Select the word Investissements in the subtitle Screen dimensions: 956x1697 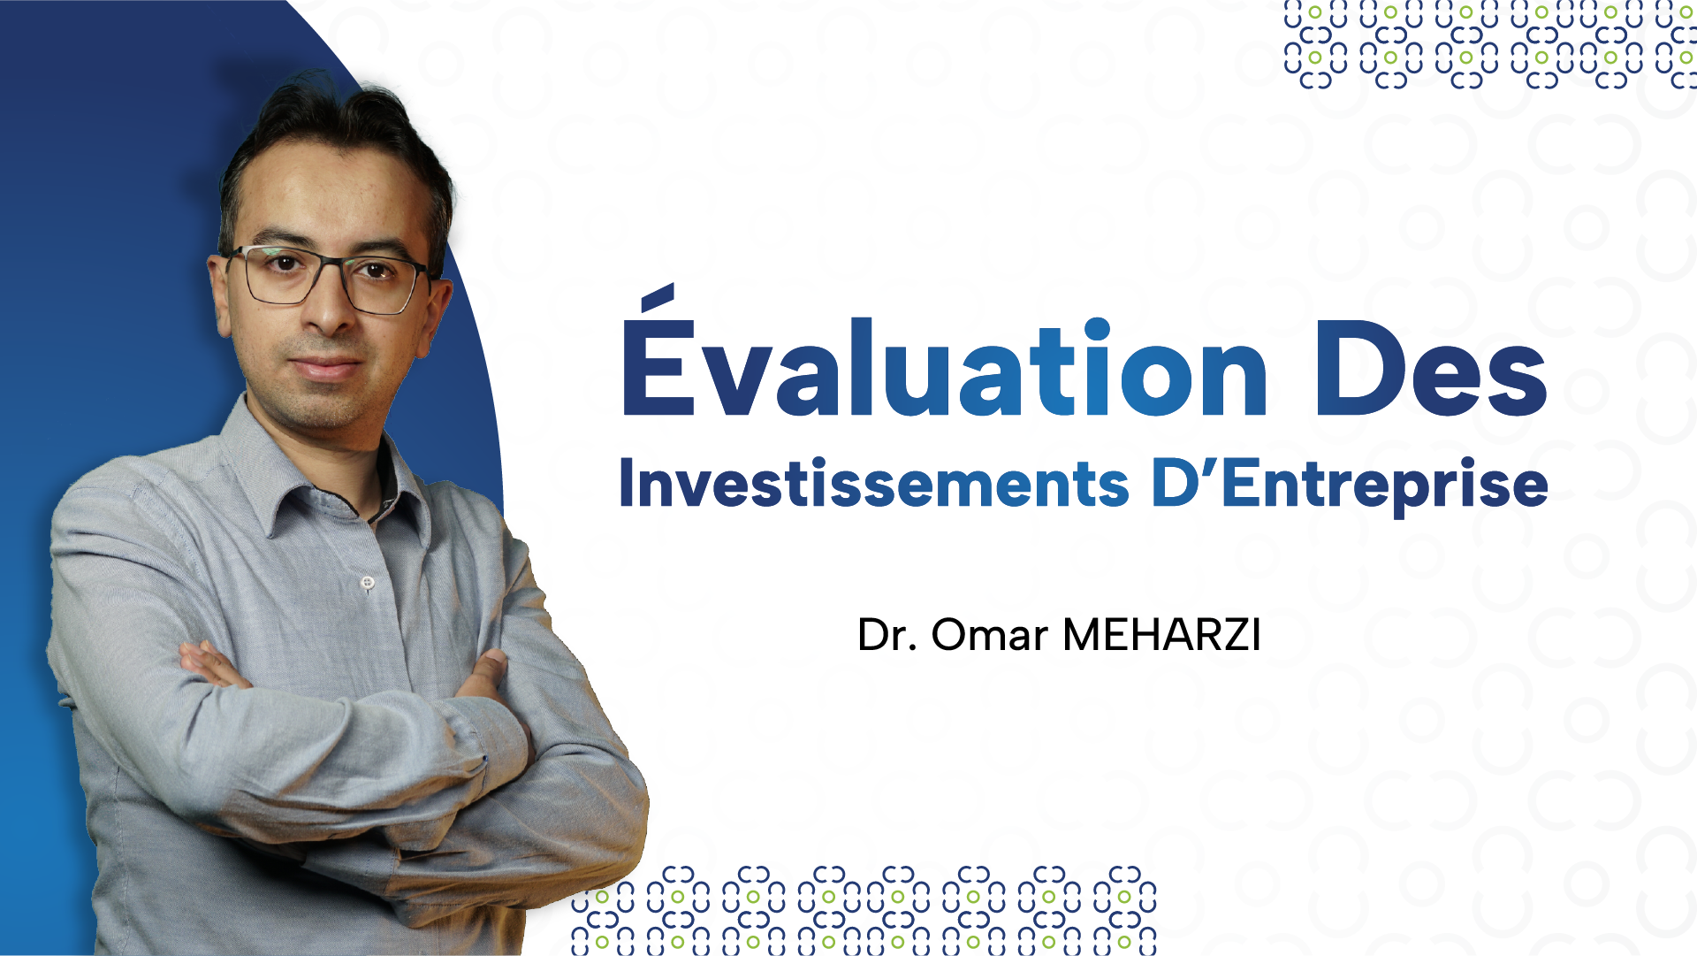click(x=874, y=484)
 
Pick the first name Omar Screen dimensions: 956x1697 click(x=989, y=635)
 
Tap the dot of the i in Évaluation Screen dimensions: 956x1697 click(x=1097, y=329)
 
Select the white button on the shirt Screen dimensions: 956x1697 click(x=368, y=582)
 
